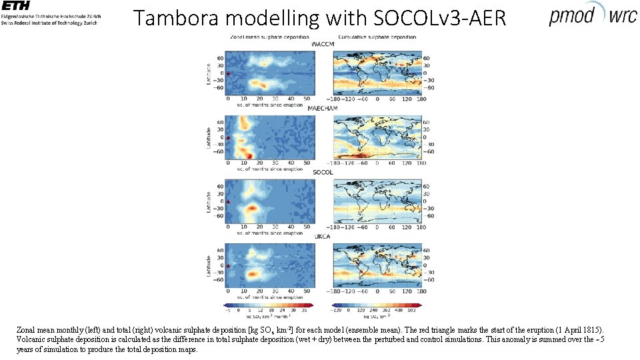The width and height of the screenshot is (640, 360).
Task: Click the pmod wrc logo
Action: [x=593, y=15]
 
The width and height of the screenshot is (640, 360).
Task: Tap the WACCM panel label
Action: [x=323, y=44]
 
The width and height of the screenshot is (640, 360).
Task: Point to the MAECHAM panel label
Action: [x=323, y=108]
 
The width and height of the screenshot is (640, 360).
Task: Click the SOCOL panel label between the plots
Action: [x=323, y=172]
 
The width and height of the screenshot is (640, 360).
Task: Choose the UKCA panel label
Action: [x=323, y=236]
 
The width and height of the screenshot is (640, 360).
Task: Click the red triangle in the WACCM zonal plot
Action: [x=228, y=73]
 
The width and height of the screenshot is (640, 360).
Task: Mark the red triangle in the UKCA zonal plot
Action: [x=228, y=266]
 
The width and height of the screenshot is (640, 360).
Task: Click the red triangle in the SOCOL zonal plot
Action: [x=228, y=201]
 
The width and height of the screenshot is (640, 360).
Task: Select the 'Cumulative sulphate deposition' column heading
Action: [x=377, y=37]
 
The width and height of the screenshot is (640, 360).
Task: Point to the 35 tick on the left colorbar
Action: [x=303, y=311]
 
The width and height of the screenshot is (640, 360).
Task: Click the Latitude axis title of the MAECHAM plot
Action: [x=209, y=137]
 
